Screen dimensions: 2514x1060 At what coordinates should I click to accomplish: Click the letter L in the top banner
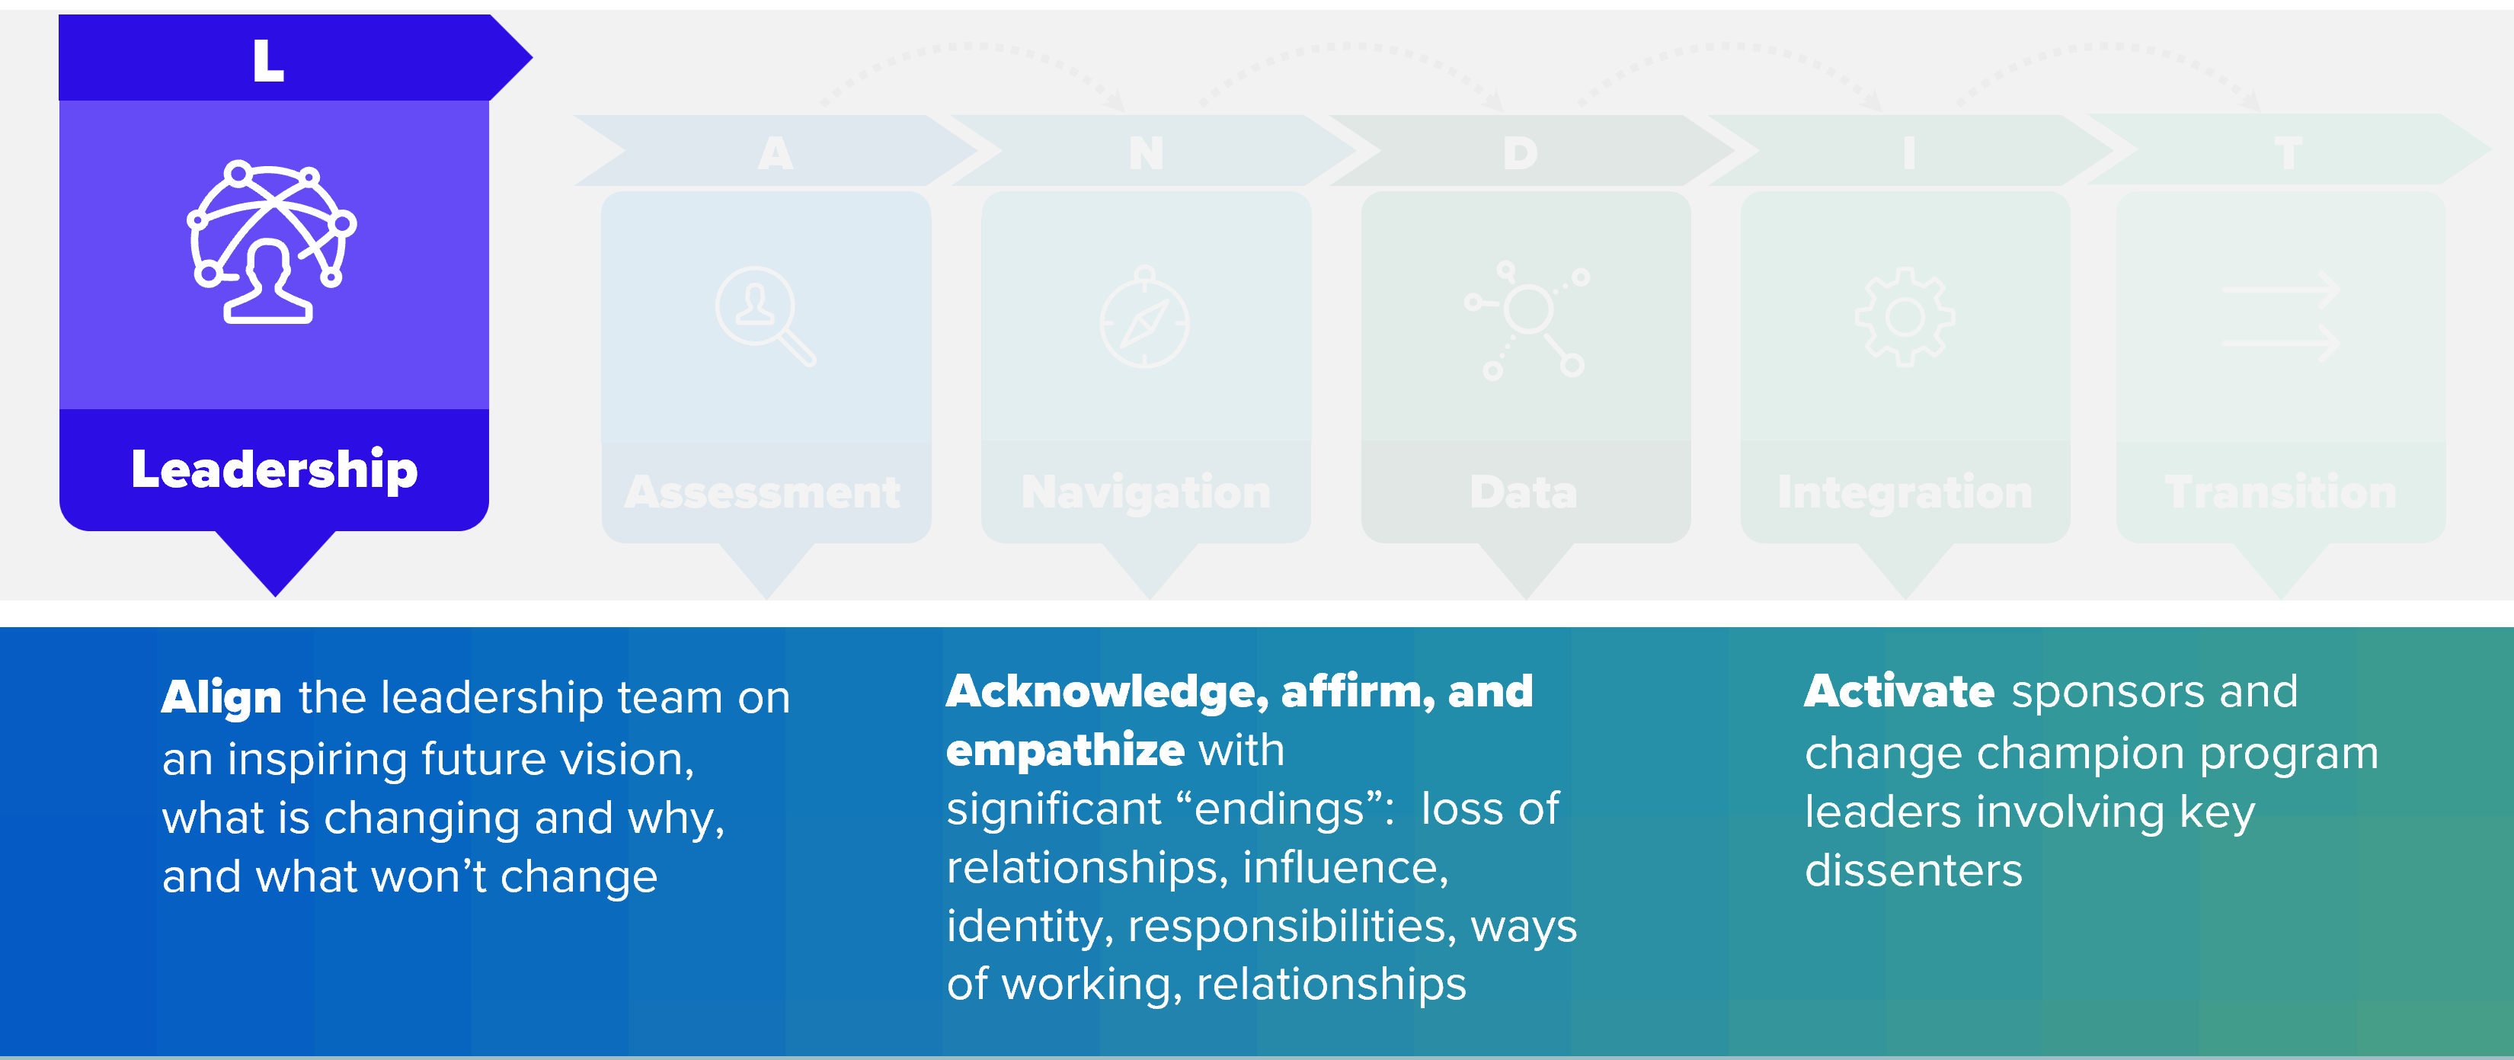(x=268, y=60)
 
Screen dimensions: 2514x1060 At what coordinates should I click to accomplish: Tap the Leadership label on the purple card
(x=274, y=470)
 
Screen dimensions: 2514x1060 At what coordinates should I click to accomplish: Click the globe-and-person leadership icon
(x=271, y=242)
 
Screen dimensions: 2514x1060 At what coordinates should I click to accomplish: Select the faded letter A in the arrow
(x=776, y=153)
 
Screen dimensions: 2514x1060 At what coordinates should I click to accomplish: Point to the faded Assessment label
(x=763, y=492)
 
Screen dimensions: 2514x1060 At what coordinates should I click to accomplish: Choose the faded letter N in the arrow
(x=1147, y=153)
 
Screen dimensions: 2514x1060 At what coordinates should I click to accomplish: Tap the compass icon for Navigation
(x=1145, y=317)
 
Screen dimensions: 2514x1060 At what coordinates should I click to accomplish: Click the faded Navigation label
(x=1146, y=492)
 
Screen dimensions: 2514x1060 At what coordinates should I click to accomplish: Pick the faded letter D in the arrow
(x=1521, y=153)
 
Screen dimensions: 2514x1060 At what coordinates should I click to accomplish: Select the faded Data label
(x=1524, y=492)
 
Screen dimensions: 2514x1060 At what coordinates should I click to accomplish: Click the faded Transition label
(x=2281, y=492)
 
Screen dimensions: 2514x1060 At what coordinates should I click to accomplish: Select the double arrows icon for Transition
(x=2281, y=317)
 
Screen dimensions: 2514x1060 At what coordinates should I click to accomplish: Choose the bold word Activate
(x=1899, y=692)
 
